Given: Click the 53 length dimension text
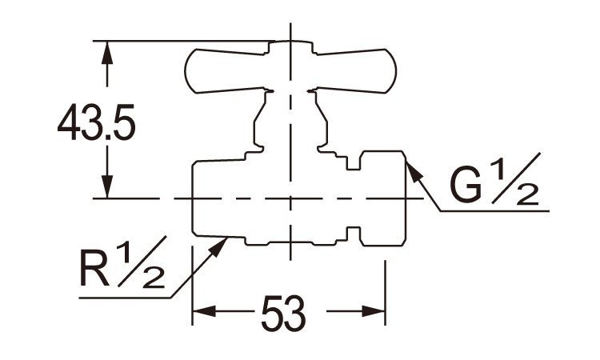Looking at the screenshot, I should pos(282,314).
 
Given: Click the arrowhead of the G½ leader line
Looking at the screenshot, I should pos(411,169).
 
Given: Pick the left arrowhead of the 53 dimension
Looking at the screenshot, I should pos(202,311).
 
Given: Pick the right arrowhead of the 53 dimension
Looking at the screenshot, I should pos(377,311).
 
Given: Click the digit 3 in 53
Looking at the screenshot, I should pos(295,314).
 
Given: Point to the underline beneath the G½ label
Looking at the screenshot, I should pos(496,210).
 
